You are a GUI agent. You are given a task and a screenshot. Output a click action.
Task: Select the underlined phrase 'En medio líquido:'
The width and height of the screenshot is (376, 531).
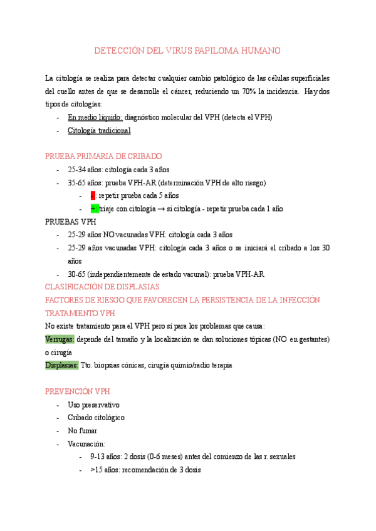(95, 117)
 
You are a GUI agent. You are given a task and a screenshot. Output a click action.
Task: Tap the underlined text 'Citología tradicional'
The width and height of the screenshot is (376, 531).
(99, 130)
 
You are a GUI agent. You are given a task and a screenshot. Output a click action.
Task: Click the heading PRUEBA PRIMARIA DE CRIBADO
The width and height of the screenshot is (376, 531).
(103, 156)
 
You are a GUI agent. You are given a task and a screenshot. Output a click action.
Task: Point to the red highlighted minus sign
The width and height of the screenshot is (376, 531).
(93, 195)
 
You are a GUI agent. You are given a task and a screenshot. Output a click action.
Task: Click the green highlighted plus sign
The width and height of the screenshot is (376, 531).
(94, 209)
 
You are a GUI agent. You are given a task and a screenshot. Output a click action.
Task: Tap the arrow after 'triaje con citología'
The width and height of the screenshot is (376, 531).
(161, 209)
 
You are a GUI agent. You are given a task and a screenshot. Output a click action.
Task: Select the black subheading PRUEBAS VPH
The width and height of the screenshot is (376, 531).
(71, 222)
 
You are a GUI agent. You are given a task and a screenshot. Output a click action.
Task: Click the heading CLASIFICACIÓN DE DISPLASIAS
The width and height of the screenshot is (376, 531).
(111, 287)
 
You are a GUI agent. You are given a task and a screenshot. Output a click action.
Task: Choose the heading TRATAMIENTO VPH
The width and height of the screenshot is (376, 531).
(80, 312)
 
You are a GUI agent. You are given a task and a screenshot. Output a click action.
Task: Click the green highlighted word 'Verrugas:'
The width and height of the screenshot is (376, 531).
(60, 339)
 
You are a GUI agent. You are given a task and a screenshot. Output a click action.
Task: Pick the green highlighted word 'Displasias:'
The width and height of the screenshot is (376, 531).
(61, 365)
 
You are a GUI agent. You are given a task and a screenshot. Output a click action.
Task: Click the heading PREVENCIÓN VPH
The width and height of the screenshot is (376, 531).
(77, 391)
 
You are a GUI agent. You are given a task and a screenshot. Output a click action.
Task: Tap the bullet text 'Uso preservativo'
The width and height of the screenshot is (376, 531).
(93, 405)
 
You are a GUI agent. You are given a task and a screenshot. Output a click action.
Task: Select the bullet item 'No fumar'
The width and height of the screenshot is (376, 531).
(82, 431)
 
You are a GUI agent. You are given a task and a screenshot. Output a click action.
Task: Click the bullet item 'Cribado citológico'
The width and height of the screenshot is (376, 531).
(96, 418)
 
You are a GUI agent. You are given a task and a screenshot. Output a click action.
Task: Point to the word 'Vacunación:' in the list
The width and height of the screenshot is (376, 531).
(86, 443)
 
